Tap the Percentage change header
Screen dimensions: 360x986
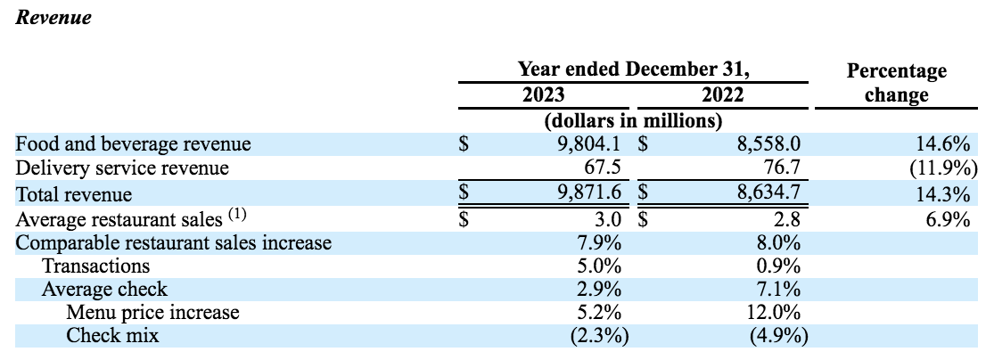click(896, 83)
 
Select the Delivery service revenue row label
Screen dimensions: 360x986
click(123, 168)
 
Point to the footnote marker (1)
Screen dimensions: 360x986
click(237, 215)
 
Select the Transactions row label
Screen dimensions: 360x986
click(95, 266)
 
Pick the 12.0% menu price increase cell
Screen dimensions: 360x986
click(776, 313)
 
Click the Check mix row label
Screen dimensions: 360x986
click(113, 336)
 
